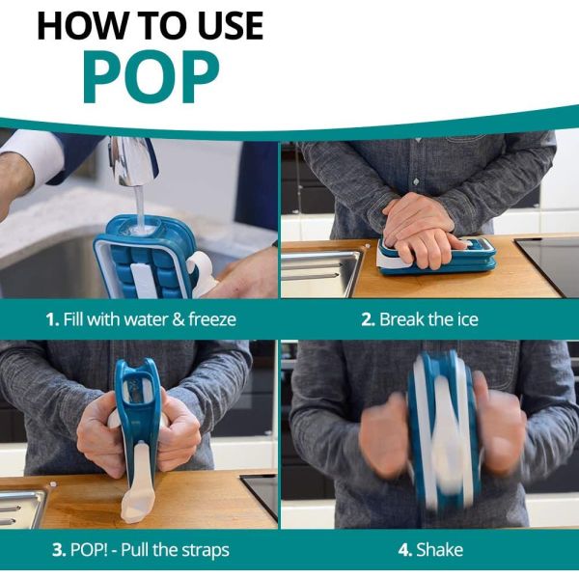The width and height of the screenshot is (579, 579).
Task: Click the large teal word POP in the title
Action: [152, 77]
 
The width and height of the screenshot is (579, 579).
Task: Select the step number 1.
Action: [52, 319]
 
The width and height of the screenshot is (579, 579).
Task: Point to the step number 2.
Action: [368, 319]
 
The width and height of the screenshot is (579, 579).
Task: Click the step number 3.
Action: [59, 550]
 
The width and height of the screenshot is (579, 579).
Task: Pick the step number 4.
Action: [405, 550]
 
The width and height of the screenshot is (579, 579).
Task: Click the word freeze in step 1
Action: [212, 319]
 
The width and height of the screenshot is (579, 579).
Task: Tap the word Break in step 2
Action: [400, 319]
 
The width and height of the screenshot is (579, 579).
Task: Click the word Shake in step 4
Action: [439, 549]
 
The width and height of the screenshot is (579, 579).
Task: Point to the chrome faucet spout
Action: [131, 160]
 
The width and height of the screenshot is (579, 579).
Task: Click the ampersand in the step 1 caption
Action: [179, 319]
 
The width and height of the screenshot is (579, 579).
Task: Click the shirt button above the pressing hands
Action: [416, 181]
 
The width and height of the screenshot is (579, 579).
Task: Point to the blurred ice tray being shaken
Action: [443, 432]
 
